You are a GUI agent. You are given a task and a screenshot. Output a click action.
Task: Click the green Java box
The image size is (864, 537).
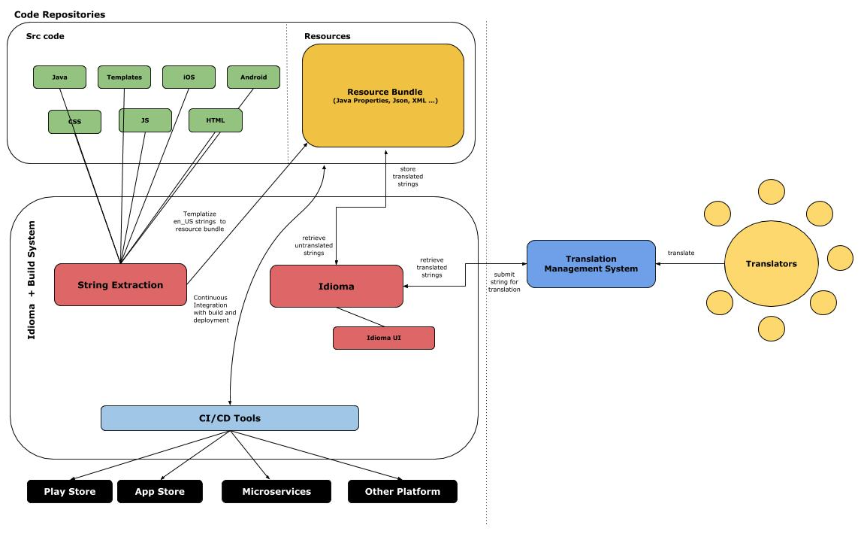click(59, 77)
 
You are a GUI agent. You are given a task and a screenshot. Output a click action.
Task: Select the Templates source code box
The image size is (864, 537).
click(124, 77)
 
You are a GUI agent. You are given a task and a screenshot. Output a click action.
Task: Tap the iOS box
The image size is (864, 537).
click(189, 77)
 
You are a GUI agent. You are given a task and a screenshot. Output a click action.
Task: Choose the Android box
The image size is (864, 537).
click(253, 77)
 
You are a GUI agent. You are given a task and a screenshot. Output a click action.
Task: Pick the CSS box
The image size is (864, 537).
click(74, 122)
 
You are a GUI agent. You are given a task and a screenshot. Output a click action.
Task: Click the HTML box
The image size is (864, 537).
click(216, 120)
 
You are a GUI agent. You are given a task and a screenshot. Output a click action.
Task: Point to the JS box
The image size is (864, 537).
click(145, 120)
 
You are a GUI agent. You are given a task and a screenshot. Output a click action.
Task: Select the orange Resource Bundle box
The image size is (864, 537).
click(383, 96)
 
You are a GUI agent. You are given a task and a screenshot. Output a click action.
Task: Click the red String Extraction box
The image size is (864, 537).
click(120, 284)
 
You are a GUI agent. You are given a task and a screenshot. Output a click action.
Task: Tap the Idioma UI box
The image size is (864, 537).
click(384, 338)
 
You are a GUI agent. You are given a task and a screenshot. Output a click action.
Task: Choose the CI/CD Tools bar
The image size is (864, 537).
click(230, 418)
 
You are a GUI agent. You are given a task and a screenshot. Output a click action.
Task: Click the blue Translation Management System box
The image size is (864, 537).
click(591, 263)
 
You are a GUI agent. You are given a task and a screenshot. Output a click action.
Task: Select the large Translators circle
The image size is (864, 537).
click(772, 263)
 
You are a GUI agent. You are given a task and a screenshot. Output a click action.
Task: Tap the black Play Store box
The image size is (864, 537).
click(70, 491)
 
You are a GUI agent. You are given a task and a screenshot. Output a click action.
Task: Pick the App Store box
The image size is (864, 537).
click(160, 491)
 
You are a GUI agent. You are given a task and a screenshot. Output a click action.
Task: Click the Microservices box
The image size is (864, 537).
click(276, 491)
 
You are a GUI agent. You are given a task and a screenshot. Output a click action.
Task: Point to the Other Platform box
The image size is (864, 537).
click(403, 491)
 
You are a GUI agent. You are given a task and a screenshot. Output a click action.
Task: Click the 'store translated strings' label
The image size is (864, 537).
click(408, 177)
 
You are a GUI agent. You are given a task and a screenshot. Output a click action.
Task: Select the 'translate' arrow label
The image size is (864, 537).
click(681, 253)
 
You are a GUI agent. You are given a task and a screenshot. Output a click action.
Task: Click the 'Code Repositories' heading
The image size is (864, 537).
click(59, 14)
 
